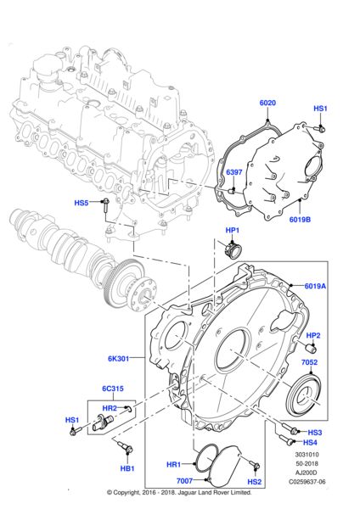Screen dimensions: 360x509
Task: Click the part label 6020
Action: pyautogui.click(x=267, y=103)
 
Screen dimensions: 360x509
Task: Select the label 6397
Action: pyautogui.click(x=234, y=172)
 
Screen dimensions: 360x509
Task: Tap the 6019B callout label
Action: pyautogui.click(x=300, y=220)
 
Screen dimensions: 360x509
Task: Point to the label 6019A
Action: pyautogui.click(x=315, y=286)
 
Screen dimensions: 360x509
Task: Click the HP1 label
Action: pyautogui.click(x=233, y=230)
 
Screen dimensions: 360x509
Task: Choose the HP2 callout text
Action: pyautogui.click(x=313, y=335)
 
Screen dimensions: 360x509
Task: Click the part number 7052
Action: pyautogui.click(x=309, y=362)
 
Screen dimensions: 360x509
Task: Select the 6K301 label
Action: pyautogui.click(x=119, y=359)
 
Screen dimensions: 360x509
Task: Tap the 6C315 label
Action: pyautogui.click(x=113, y=389)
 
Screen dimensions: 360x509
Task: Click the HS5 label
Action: pyautogui.click(x=82, y=203)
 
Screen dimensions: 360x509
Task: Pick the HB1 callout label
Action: pyautogui.click(x=127, y=468)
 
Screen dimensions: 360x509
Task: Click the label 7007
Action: pyautogui.click(x=184, y=481)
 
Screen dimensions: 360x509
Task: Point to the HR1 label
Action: pyautogui.click(x=173, y=465)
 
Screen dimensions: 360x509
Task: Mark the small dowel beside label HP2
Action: pyautogui.click(x=312, y=349)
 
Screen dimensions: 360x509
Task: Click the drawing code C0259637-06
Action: pyautogui.click(x=307, y=482)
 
